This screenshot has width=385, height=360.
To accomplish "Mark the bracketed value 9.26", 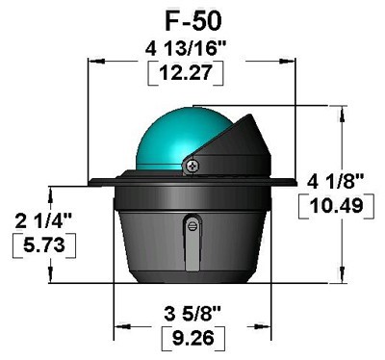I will click(x=192, y=339).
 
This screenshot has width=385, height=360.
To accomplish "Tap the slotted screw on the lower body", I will click(x=193, y=225).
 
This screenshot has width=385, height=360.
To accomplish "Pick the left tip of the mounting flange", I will click(x=90, y=183).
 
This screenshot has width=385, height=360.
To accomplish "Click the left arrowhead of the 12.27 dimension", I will click(x=93, y=58).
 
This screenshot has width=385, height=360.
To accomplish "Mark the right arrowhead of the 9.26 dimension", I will click(x=266, y=325).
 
